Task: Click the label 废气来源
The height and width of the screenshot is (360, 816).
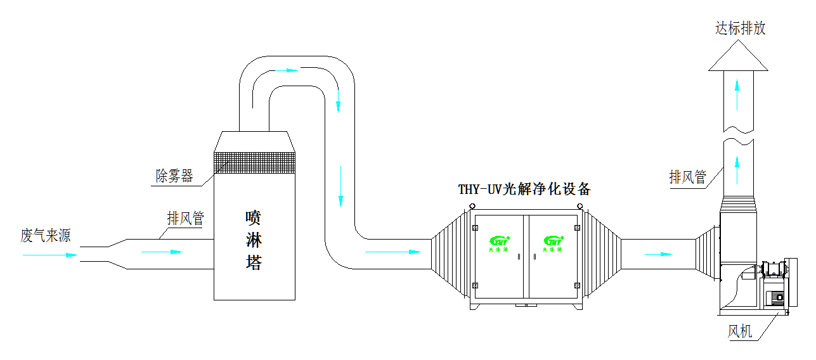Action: pyautogui.click(x=45, y=236)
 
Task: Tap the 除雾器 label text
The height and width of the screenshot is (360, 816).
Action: pyautogui.click(x=174, y=176)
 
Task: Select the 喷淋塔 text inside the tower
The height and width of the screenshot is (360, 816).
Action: pyautogui.click(x=254, y=240)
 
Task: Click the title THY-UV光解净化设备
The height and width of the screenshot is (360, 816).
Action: pyautogui.click(x=524, y=189)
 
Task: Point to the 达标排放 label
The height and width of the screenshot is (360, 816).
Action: pyautogui.click(x=741, y=29)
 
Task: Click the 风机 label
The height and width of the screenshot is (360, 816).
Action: pyautogui.click(x=740, y=331)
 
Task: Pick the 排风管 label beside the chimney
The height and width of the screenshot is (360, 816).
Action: pyautogui.click(x=687, y=177)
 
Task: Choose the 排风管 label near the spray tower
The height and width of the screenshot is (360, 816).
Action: pyautogui.click(x=185, y=219)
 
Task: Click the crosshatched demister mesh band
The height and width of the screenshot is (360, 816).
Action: pyautogui.click(x=255, y=162)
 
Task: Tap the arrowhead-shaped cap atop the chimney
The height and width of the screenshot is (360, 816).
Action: pyautogui.click(x=737, y=57)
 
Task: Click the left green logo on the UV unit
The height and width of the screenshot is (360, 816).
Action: pyautogui.click(x=500, y=243)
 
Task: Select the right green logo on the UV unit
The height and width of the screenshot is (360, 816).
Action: pyautogui.click(x=554, y=243)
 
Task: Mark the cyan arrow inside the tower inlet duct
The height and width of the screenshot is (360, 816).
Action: pyautogui.click(x=162, y=252)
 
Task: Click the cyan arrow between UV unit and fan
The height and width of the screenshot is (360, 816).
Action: pyautogui.click(x=658, y=255)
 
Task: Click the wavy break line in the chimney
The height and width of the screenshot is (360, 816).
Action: pyautogui.click(x=738, y=134)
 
